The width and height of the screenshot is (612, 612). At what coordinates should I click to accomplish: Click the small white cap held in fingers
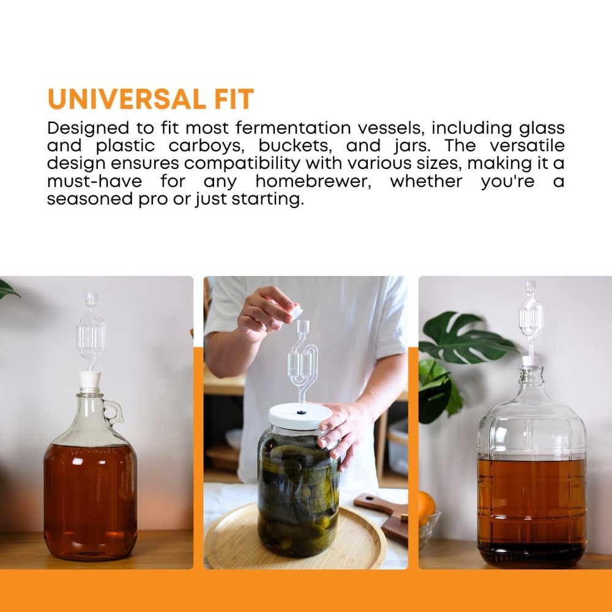pos(295,312)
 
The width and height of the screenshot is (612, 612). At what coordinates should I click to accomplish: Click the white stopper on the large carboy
pos(530,361)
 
